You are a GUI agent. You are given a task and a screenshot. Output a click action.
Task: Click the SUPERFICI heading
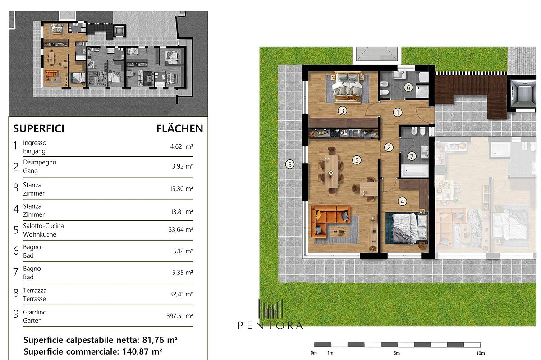[x=39, y=129]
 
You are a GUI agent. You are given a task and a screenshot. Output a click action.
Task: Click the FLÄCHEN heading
[x=180, y=128]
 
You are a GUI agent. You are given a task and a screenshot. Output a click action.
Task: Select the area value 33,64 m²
[x=181, y=229]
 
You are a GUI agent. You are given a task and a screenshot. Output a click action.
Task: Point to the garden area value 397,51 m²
[x=180, y=316]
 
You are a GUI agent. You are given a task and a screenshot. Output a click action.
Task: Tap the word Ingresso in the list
[x=35, y=143]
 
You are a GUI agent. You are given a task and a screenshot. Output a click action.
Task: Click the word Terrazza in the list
[x=35, y=290]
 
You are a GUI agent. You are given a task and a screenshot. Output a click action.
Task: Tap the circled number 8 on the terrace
[x=290, y=164]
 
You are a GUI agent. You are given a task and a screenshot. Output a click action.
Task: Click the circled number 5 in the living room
[x=357, y=160]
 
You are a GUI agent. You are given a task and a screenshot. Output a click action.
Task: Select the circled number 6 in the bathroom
[x=408, y=87]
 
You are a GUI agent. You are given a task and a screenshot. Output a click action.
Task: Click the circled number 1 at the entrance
[x=398, y=112]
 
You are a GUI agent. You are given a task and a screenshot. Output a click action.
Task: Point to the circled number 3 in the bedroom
[x=342, y=111]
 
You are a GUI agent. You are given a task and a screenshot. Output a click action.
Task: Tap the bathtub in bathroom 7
[x=414, y=170]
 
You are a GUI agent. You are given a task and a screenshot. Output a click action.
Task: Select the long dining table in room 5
[x=331, y=171]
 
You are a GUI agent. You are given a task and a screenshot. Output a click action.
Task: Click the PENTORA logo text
[x=270, y=325]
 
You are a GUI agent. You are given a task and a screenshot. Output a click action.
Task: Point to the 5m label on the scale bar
[x=397, y=353]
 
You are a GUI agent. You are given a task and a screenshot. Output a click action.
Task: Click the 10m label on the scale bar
[x=481, y=353]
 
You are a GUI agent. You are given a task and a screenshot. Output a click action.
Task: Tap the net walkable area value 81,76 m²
[x=160, y=340]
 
